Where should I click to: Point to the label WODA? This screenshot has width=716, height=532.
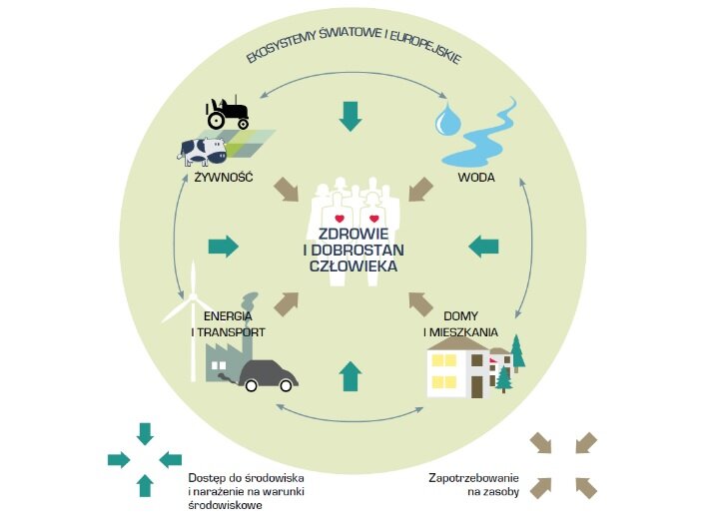(x=474, y=179)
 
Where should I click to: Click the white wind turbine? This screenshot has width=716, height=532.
(x=192, y=309)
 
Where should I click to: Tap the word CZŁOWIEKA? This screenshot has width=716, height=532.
(x=355, y=267)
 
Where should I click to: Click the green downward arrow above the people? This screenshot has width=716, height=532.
(x=349, y=116)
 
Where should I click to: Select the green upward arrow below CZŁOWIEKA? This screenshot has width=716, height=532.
(x=349, y=375)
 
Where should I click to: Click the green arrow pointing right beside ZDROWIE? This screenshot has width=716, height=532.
(x=224, y=246)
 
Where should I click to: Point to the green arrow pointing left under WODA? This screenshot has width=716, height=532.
(x=484, y=245)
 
